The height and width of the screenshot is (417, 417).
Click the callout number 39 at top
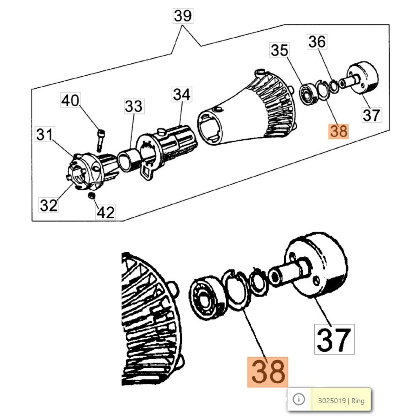coord(183,16)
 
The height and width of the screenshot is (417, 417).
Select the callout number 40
coord(70,100)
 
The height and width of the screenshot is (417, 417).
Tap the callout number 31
coord(45,134)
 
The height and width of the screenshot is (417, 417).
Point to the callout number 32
coord(48,205)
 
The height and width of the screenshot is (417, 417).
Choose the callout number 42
coord(106,212)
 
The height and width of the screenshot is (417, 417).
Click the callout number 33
coord(134,106)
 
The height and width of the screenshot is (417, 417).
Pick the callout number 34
coord(182,94)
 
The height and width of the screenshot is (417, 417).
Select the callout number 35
coord(279,50)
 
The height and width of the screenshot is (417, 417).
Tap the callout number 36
coord(317,42)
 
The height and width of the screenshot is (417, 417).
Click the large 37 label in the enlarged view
coord(334,339)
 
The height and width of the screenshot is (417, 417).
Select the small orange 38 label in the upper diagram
coord(339,131)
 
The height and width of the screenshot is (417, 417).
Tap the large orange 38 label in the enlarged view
coord(268,372)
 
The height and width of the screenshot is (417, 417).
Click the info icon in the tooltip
coord(299,399)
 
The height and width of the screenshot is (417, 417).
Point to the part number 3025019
coord(332,401)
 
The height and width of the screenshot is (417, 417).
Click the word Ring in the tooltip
coord(358,401)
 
